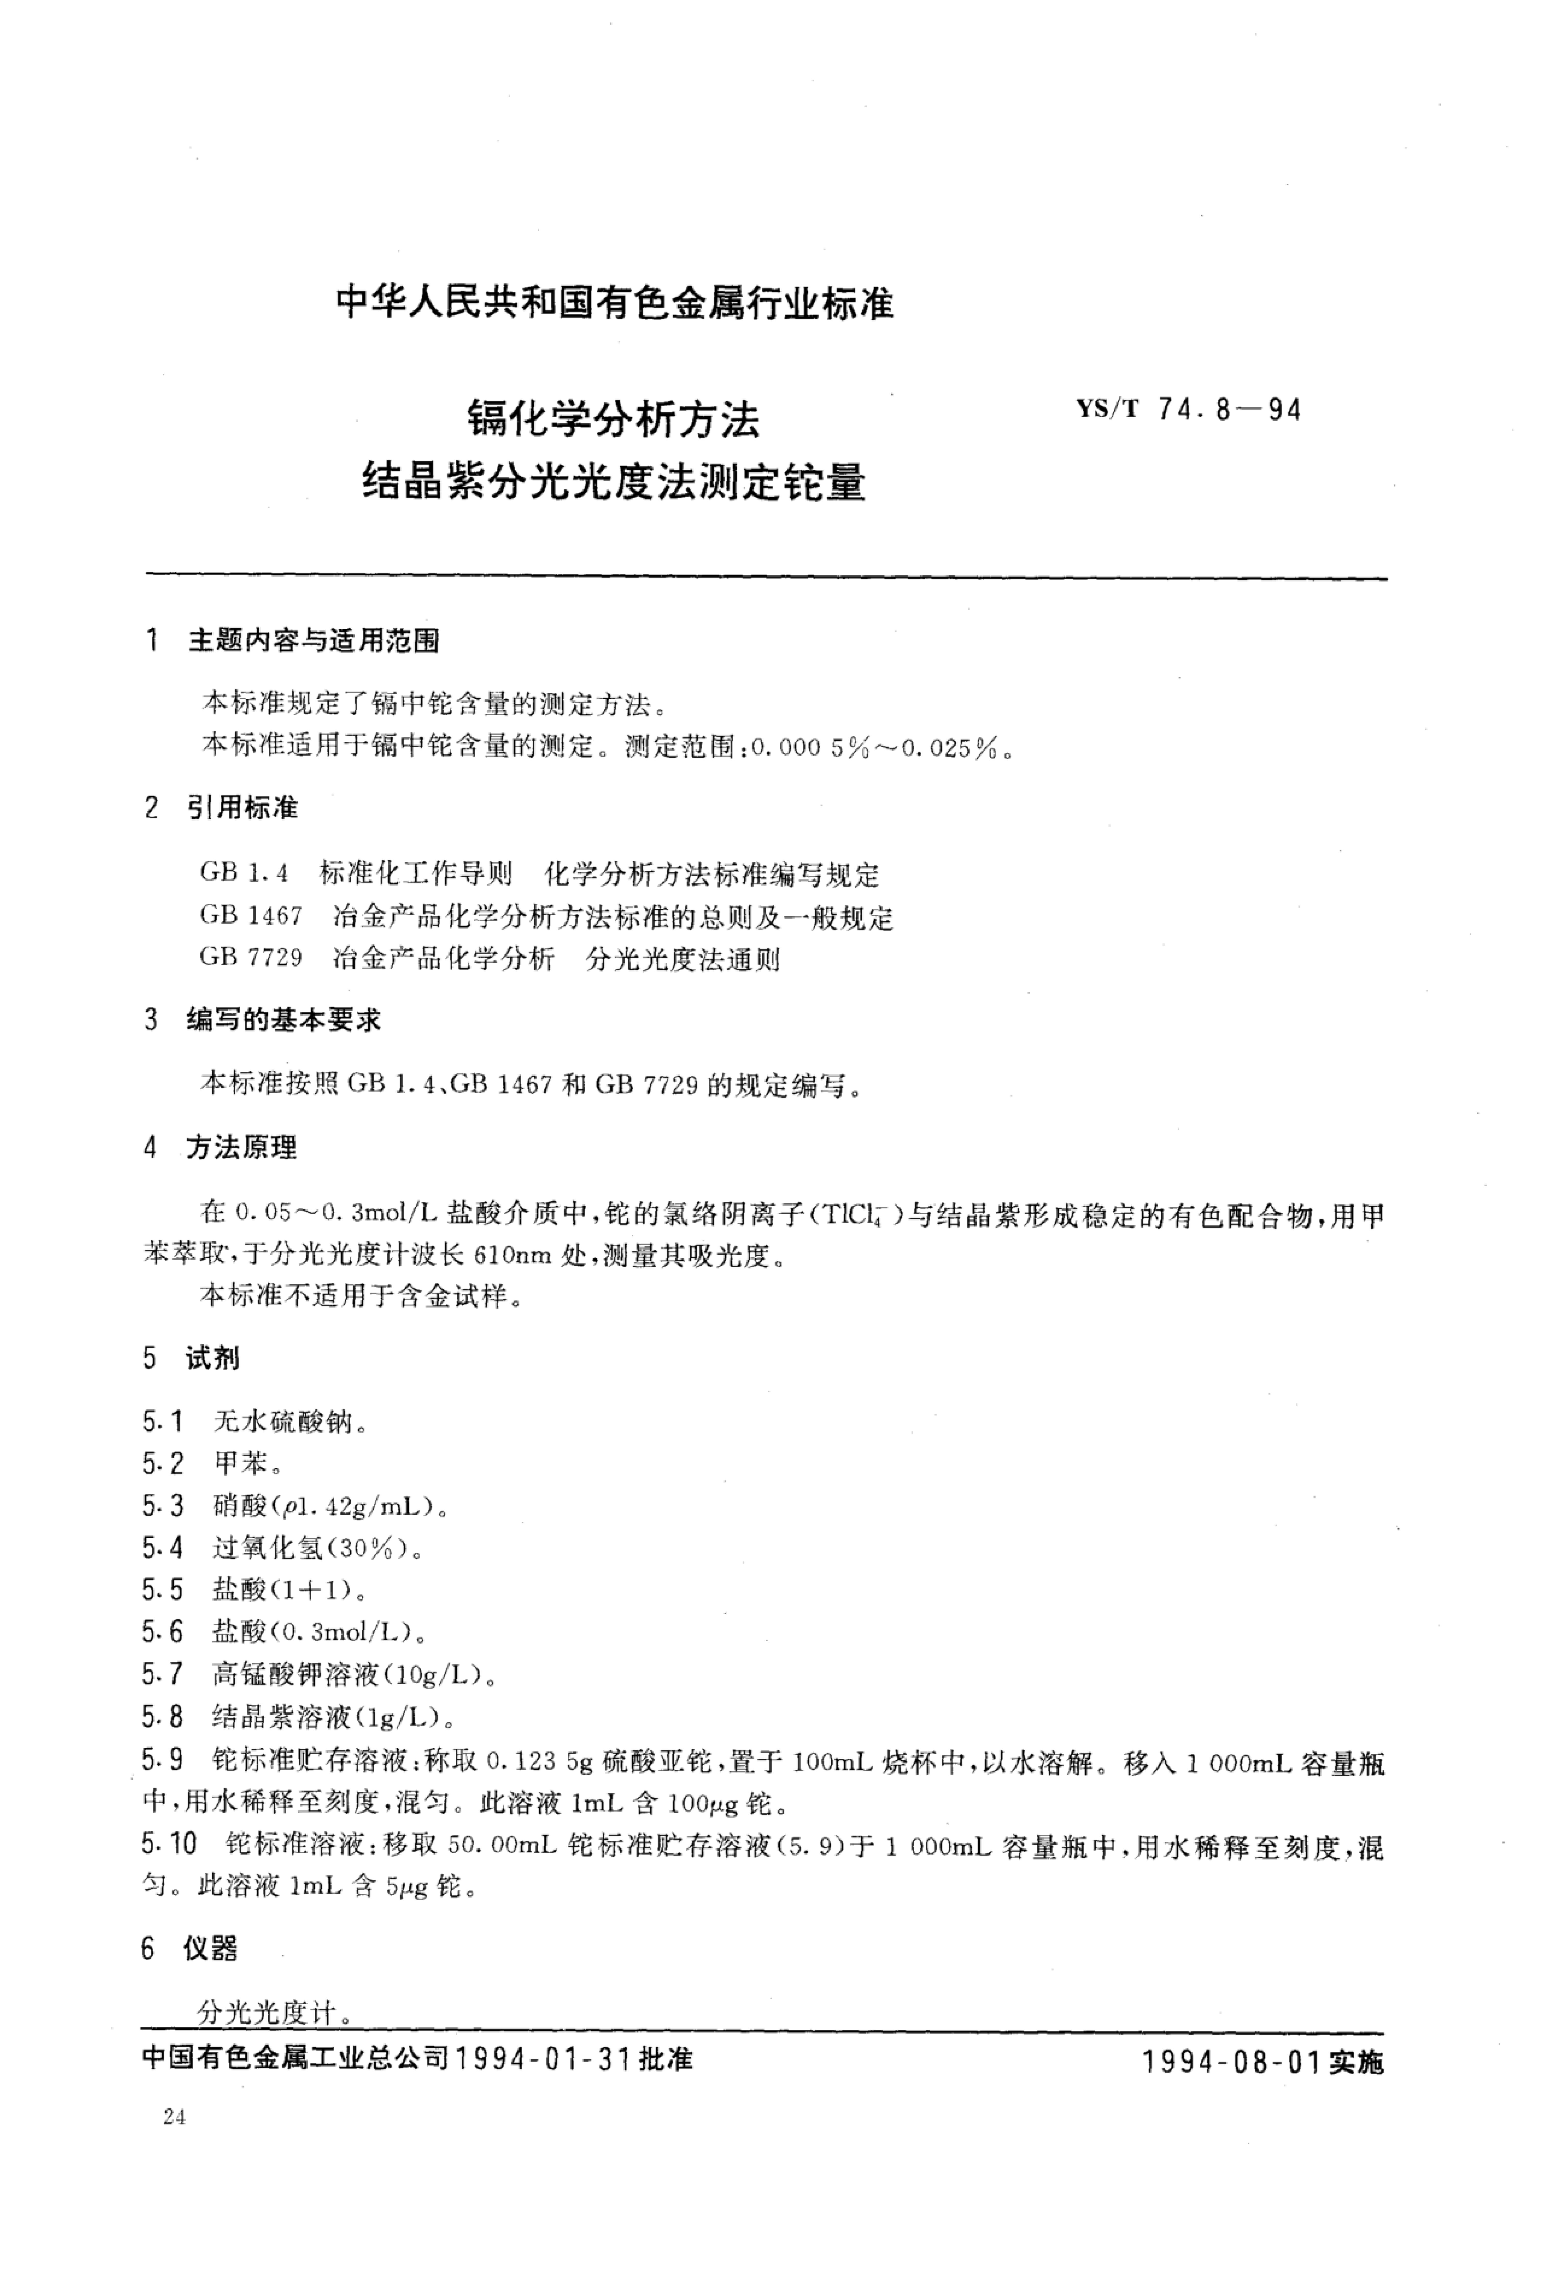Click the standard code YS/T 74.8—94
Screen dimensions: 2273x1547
click(1188, 410)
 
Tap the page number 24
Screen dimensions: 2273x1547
click(175, 2117)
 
